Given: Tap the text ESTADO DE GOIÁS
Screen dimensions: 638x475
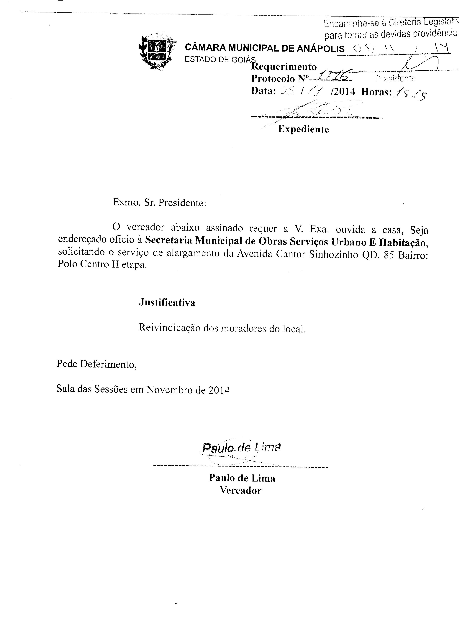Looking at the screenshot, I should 220,60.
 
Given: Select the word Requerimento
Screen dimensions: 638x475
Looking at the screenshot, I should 284,67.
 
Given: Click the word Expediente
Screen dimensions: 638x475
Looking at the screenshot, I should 303,129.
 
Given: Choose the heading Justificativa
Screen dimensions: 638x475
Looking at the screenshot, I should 167,302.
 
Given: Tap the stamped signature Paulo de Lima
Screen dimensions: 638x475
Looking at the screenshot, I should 241,447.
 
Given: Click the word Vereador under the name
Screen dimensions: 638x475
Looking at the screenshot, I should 241,490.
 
